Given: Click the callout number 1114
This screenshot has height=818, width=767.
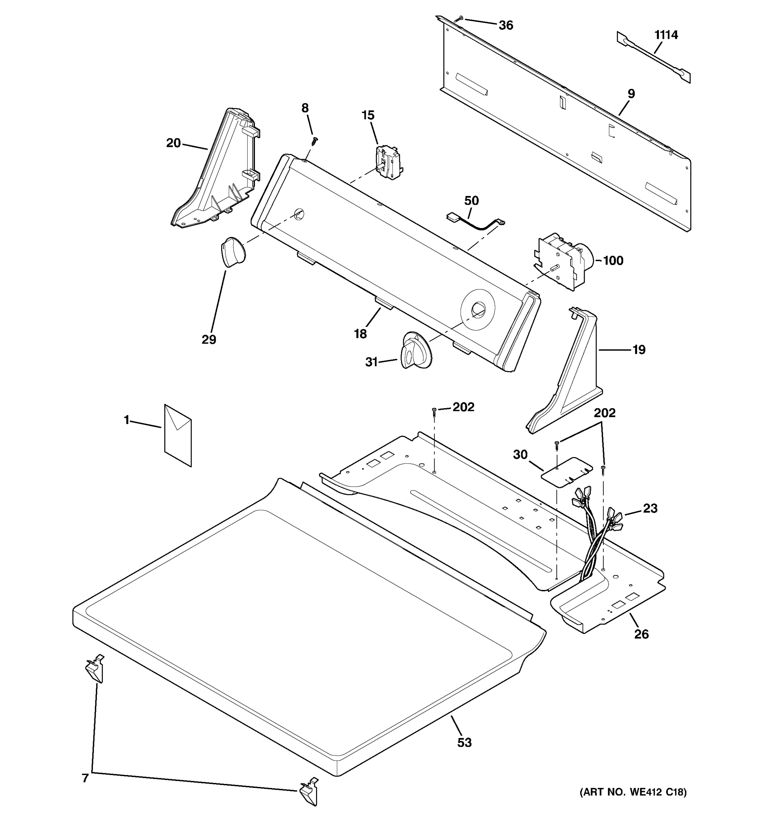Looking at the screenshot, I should pyautogui.click(x=666, y=35).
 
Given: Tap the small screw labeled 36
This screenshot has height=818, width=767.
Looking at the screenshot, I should pyautogui.click(x=459, y=18).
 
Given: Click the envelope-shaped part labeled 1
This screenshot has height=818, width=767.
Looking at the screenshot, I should pyautogui.click(x=178, y=435).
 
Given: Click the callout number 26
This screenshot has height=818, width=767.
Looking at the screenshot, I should pyautogui.click(x=641, y=634).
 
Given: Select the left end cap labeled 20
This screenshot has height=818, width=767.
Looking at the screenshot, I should pyautogui.click(x=218, y=173).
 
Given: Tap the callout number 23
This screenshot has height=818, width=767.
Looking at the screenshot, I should pyautogui.click(x=650, y=508).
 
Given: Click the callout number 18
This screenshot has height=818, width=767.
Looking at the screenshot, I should pyautogui.click(x=360, y=334).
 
